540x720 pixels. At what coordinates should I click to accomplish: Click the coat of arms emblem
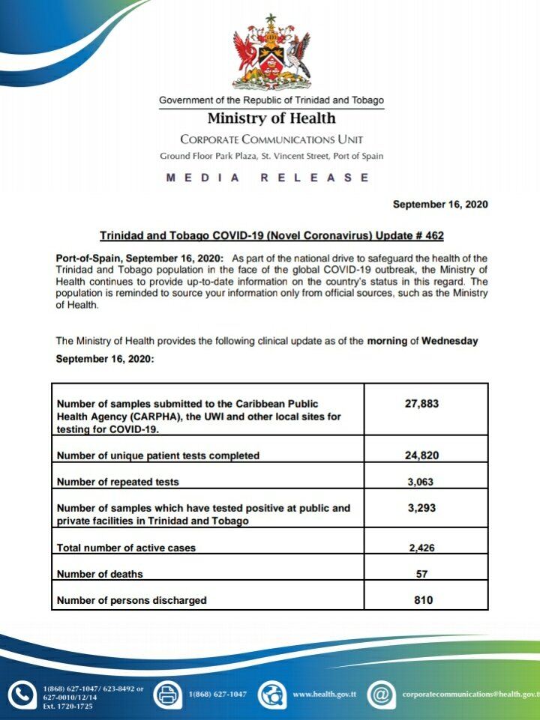pos(271,52)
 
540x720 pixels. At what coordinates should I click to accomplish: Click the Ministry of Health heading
pos(271,118)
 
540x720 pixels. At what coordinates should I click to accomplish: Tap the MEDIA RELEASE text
pos(268,178)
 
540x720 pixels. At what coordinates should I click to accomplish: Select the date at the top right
pos(440,205)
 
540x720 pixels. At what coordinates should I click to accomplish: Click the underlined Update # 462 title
pos(271,235)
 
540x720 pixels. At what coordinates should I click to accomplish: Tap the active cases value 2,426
pos(422,548)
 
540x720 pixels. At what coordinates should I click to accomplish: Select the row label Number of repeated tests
pos(118,482)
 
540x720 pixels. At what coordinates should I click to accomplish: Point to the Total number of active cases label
pos(126,548)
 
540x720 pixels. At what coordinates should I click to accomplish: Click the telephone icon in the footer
pos(23,695)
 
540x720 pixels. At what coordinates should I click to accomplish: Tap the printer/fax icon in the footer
pos(167,695)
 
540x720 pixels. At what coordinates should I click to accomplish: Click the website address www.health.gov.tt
pos(323,695)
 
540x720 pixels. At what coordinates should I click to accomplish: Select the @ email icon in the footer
pos(381,695)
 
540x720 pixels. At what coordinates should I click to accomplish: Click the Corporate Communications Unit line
pos(271,139)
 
